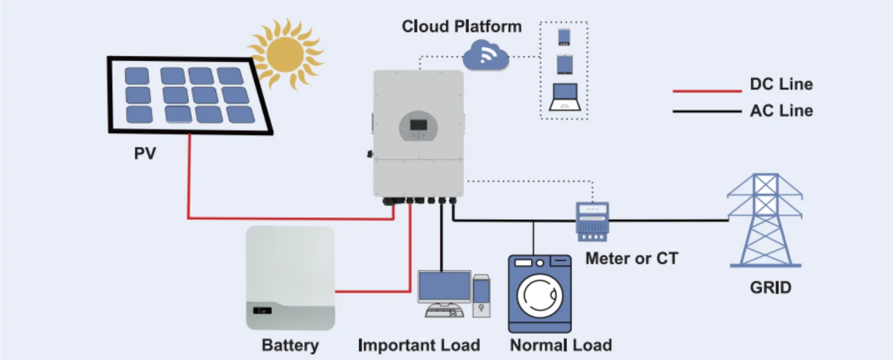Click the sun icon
point(286,53)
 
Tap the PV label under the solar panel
point(145,154)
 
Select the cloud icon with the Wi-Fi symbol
point(486,56)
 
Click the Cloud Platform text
point(461,27)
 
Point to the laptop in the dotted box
point(564,96)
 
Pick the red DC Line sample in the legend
point(707,91)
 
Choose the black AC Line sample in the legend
point(707,111)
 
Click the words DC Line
point(781,84)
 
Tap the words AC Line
point(781,110)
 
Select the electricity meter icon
point(592,221)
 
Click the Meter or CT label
point(631,258)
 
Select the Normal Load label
point(560,345)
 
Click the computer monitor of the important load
point(444,288)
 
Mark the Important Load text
point(419,345)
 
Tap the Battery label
point(290,345)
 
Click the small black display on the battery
point(262,310)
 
